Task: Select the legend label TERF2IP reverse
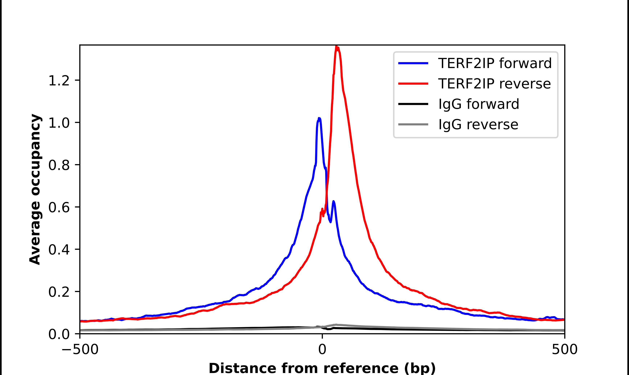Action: point(494,84)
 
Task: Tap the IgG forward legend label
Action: point(478,104)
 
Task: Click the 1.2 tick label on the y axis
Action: point(59,81)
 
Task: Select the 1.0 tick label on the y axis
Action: point(59,123)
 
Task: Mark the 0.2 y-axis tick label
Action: point(59,292)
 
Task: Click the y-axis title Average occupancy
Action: point(35,189)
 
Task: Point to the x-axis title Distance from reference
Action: point(322,368)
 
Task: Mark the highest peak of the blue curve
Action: point(319,118)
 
